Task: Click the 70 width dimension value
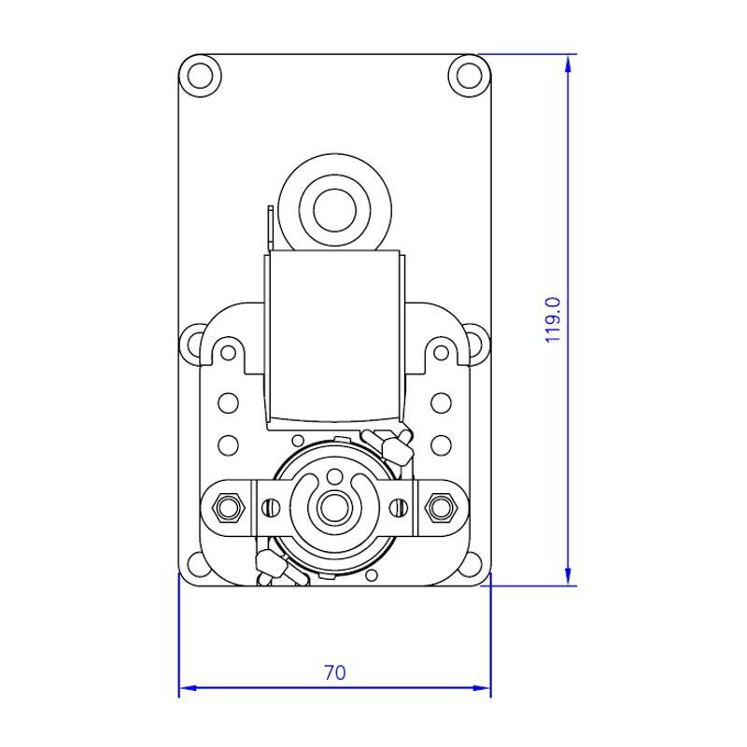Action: coord(335,672)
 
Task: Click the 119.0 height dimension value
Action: coord(553,319)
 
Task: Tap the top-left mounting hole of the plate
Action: coord(200,76)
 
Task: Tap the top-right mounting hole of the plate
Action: coord(470,76)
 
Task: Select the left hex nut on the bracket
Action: coord(228,506)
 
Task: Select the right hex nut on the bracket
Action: coord(441,506)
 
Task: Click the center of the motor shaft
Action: coord(335,506)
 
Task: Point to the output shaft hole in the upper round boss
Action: coord(335,209)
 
